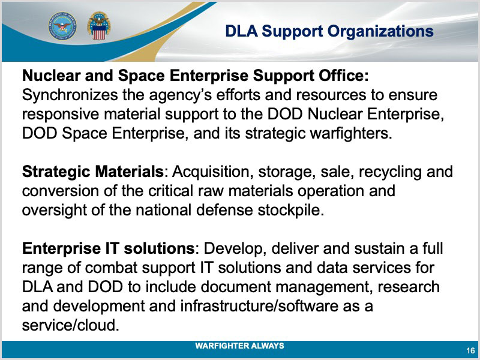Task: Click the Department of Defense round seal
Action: pyautogui.click(x=62, y=26)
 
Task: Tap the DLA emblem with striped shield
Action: pyautogui.click(x=98, y=26)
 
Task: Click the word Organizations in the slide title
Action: pyautogui.click(x=380, y=32)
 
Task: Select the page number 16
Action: pyautogui.click(x=470, y=350)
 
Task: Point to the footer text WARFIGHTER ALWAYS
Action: pyautogui.click(x=239, y=346)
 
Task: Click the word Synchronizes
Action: pyautogui.click(x=70, y=95)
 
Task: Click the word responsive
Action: pyautogui.click(x=61, y=115)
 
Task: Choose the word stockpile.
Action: pyautogui.click(x=290, y=211)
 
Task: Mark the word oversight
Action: pyautogui.click(x=54, y=211)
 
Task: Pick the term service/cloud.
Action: pyautogui.click(x=70, y=325)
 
